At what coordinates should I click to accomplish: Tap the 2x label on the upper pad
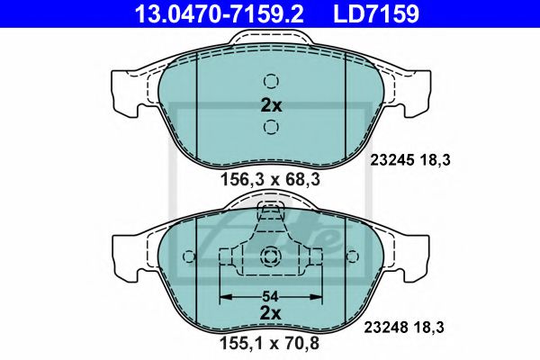point(271,104)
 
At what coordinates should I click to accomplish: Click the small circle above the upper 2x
point(271,78)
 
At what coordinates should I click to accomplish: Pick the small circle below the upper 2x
point(271,127)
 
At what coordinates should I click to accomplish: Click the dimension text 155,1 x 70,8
point(271,343)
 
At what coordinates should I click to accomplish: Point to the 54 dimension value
point(271,294)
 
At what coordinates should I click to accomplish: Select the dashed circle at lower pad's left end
point(188,258)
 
